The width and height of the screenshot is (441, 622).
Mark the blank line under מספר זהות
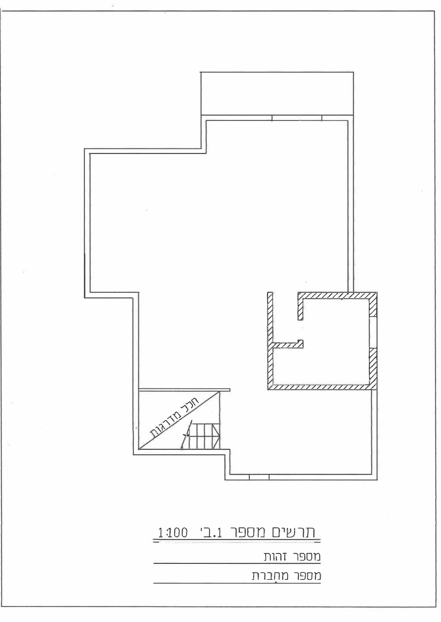(x=237, y=564)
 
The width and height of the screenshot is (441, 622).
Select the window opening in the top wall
(x=297, y=118)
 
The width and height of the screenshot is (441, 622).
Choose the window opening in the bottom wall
(x=259, y=477)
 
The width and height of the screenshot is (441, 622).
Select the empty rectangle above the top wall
(x=277, y=93)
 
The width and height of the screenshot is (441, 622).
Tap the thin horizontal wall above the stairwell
(x=184, y=390)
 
